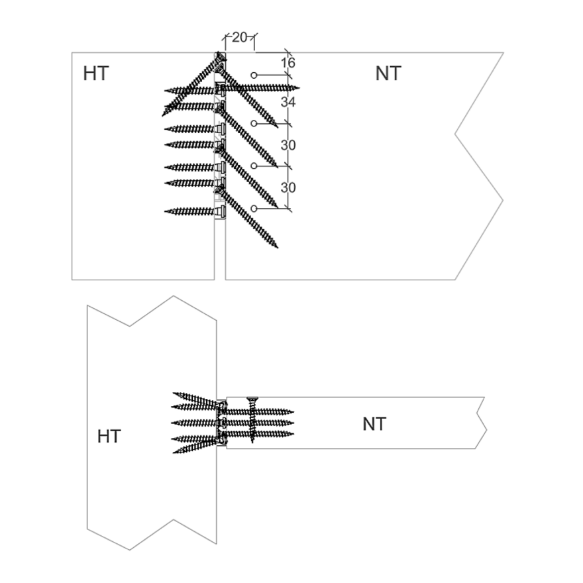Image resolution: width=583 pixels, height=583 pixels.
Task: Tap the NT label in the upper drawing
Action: pos(388,74)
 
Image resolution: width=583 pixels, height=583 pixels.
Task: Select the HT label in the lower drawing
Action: pos(109,437)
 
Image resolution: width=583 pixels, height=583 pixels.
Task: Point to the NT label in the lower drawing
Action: pos(374,424)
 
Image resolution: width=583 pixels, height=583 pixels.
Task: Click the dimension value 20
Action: pos(240,38)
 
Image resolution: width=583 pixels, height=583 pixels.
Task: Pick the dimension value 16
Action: pos(288,63)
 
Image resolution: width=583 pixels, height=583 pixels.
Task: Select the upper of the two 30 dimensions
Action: pos(288,145)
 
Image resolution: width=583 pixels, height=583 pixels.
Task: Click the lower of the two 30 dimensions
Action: pos(288,187)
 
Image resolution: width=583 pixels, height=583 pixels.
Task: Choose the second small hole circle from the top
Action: pos(254,123)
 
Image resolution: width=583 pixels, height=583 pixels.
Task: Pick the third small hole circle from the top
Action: pos(254,165)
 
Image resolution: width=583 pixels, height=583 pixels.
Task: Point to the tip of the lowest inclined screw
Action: pos(277,248)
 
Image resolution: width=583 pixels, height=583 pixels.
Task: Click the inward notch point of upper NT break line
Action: pos(455,134)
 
